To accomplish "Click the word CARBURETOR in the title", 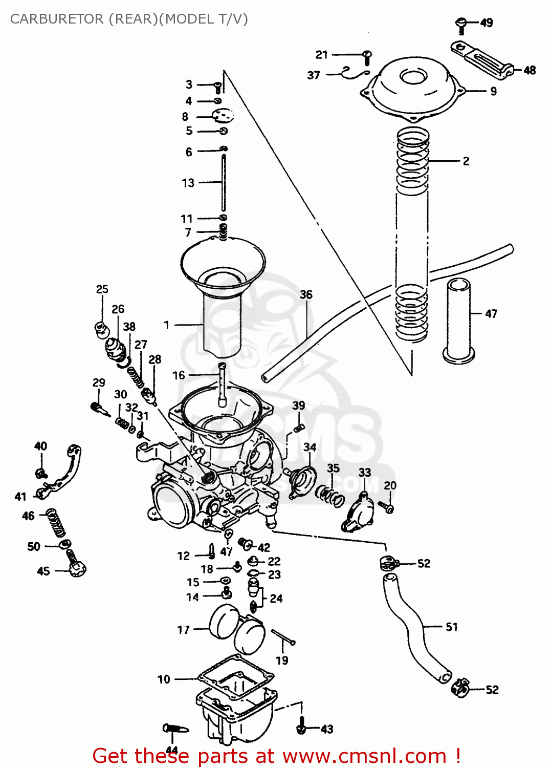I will (x=57, y=19).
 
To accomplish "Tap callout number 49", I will (x=487, y=23).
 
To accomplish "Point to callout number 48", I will (x=530, y=70).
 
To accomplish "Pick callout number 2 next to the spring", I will (x=466, y=161).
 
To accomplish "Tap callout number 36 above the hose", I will (x=306, y=294).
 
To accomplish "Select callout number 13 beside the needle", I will (x=188, y=183).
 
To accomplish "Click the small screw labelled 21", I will (x=367, y=56).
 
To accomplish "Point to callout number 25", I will (x=102, y=289).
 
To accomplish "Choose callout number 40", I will (x=40, y=446).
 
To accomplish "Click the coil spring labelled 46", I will (x=56, y=522).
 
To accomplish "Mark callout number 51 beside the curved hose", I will (x=451, y=627).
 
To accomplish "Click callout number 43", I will (x=327, y=729).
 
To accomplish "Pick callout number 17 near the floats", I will (x=183, y=630).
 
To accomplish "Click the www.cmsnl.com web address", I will (x=365, y=756).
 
